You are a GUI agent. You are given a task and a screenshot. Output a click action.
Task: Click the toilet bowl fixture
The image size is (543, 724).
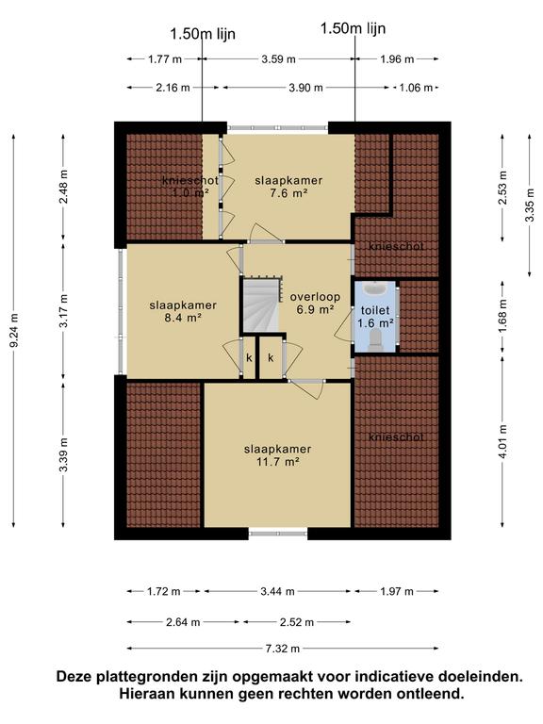point(375,339)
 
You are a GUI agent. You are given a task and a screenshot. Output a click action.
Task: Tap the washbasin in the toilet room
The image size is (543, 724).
point(375,289)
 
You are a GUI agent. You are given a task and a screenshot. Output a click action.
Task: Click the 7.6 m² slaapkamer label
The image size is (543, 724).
point(288,187)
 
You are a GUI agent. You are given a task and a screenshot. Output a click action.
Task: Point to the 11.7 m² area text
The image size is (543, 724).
point(277,461)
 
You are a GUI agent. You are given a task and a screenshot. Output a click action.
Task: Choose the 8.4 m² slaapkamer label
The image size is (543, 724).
point(183,311)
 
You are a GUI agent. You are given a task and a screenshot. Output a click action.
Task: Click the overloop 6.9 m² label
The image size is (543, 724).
point(315,303)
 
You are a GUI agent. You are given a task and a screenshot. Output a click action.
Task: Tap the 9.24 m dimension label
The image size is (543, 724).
point(14,330)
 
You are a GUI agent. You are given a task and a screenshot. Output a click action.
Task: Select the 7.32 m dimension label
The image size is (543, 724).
point(282,649)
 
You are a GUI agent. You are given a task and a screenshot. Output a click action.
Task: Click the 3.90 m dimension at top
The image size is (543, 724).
point(305,88)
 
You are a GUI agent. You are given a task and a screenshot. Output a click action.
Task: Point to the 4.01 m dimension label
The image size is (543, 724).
point(503,442)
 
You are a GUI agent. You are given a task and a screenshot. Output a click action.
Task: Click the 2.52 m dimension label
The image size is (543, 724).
point(296,622)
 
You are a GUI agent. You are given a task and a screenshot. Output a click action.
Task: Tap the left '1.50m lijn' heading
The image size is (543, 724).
point(203,34)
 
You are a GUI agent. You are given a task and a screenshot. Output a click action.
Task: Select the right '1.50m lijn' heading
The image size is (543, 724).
point(353,28)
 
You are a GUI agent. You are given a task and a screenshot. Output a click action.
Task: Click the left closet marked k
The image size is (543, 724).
point(249,358)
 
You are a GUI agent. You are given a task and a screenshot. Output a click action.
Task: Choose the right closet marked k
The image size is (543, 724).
point(271,358)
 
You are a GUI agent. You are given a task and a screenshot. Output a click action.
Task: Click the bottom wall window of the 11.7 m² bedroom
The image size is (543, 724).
point(278,534)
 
